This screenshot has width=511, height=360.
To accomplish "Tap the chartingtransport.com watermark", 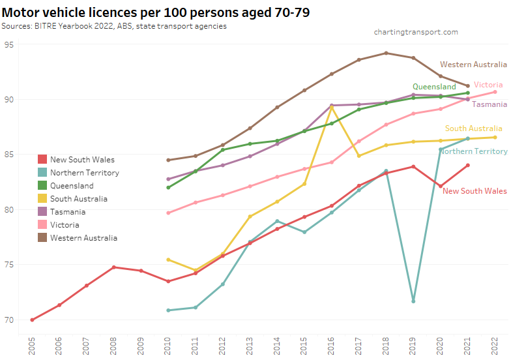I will click(416, 32).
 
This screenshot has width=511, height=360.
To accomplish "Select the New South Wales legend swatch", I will click(42, 160).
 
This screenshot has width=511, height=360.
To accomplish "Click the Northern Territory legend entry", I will click(84, 173).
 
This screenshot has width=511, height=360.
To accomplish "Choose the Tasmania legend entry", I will click(68, 212).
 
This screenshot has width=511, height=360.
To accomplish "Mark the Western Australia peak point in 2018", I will click(386, 53).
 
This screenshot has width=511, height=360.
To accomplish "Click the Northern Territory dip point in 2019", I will click(413, 301).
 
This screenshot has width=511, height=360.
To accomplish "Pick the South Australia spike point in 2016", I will click(332, 107).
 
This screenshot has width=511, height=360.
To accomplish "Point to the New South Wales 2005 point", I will click(32, 320).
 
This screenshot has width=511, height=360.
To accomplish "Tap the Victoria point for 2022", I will click(495, 92).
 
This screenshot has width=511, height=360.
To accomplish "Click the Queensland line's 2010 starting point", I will click(168, 187).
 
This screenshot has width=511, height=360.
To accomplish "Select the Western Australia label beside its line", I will click(473, 65).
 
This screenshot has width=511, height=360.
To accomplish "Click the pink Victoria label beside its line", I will click(488, 85).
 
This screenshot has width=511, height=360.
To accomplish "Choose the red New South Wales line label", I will click(474, 191).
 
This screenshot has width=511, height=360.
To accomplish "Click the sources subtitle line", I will click(114, 25).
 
